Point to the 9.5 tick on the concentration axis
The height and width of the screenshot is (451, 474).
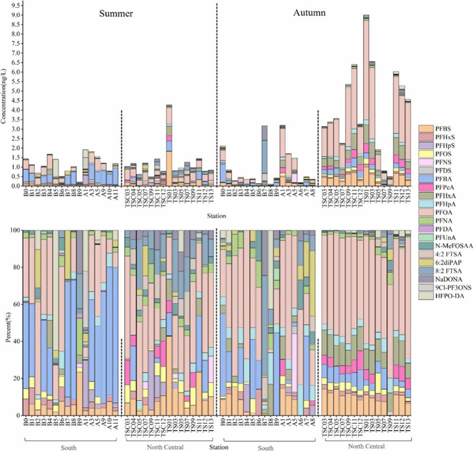pos(14,6)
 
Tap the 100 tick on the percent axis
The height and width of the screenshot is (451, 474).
pos(13,230)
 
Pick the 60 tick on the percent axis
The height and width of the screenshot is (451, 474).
pos(15,304)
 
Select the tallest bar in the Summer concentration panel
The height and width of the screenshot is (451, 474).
pos(169,145)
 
